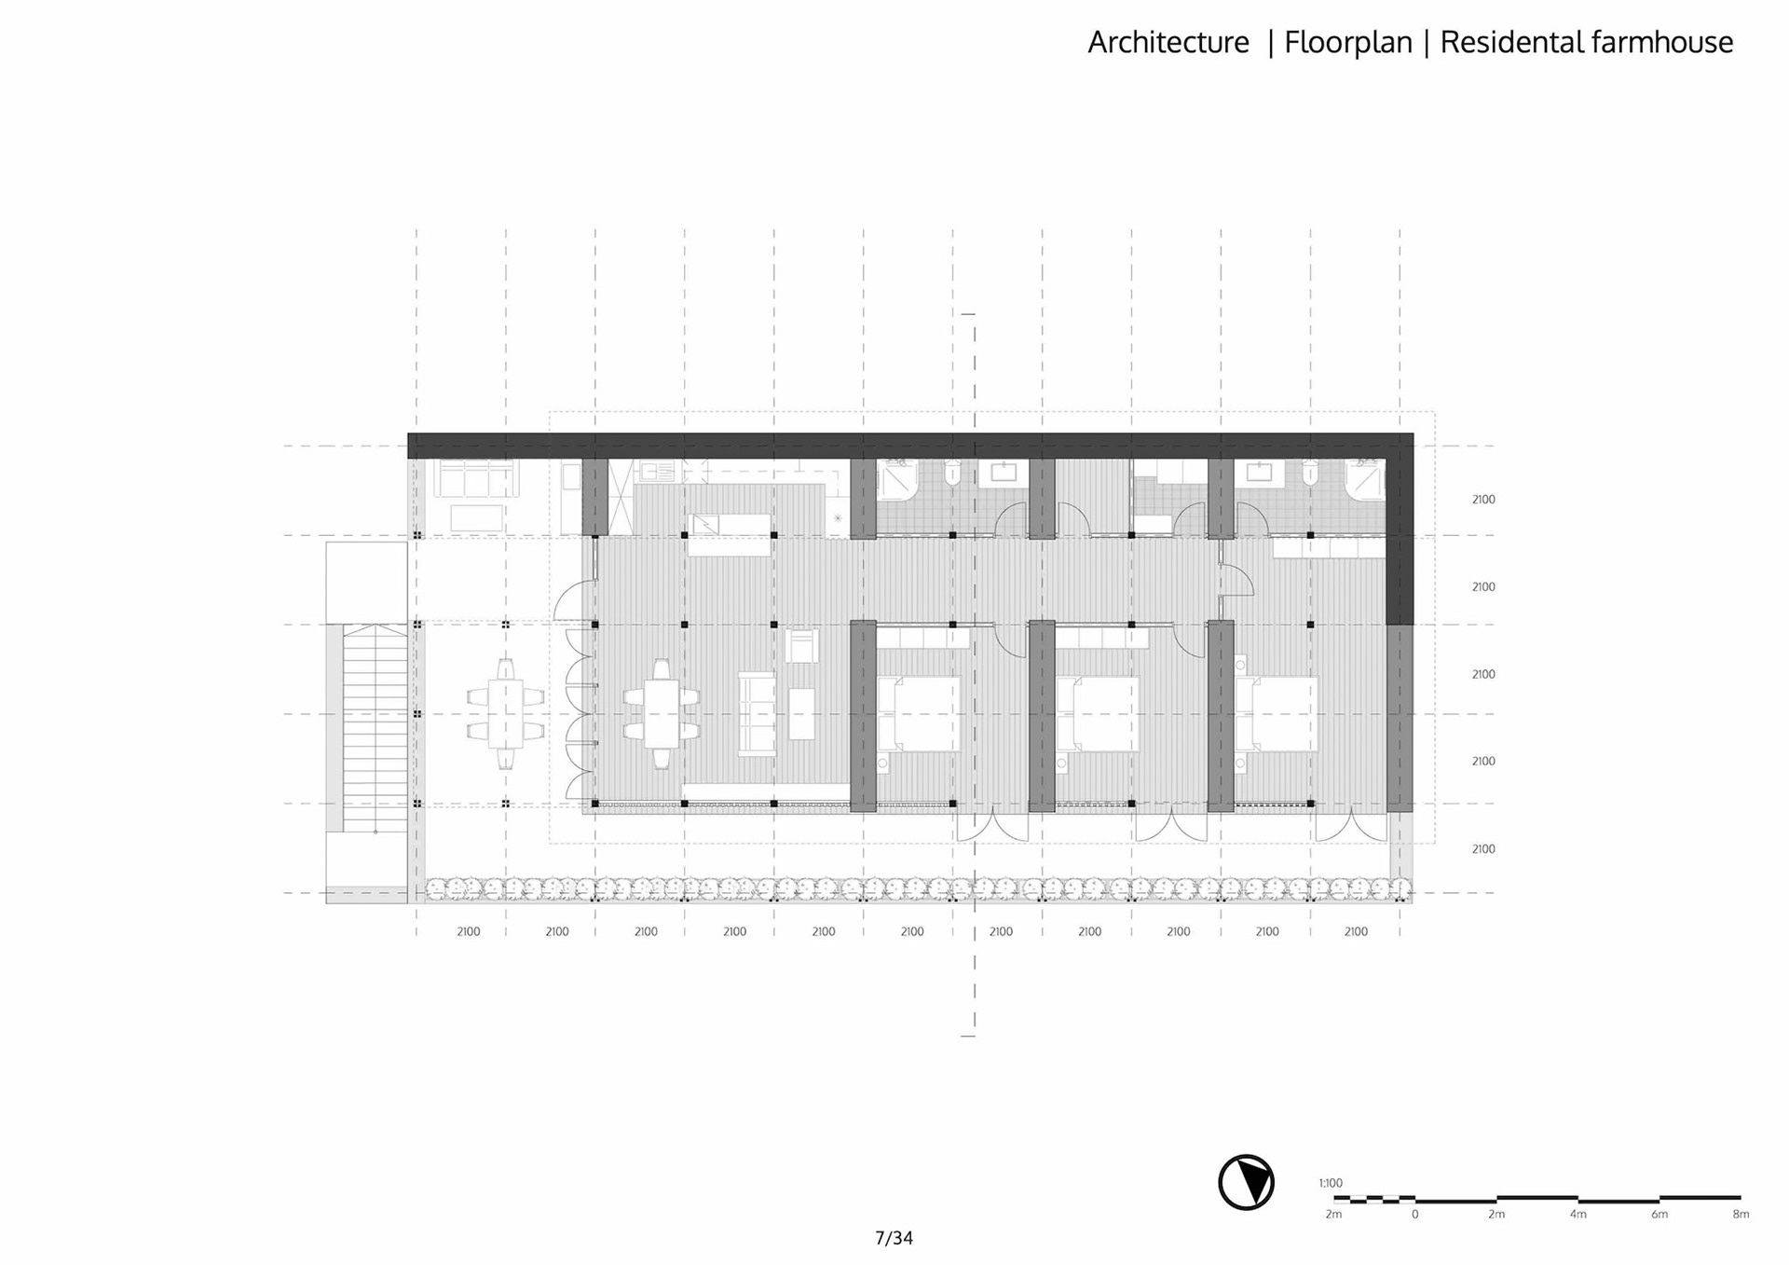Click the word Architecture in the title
pos(1168,43)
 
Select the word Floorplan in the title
pos(1347,43)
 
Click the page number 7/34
pos(894,1238)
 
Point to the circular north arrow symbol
pos(1246,1182)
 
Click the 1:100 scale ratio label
pos(1331,1183)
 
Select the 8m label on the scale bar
pos(1740,1215)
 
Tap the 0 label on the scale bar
pos(1414,1215)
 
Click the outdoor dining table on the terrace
pos(505,714)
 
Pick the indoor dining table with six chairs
pos(662,714)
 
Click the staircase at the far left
pos(375,727)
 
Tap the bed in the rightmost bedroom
pos(1277,714)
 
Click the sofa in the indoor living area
pos(757,714)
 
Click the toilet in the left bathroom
pos(952,474)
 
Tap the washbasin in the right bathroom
pos(1259,473)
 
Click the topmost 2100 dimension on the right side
pos(1483,500)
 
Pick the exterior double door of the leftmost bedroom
pos(993,827)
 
